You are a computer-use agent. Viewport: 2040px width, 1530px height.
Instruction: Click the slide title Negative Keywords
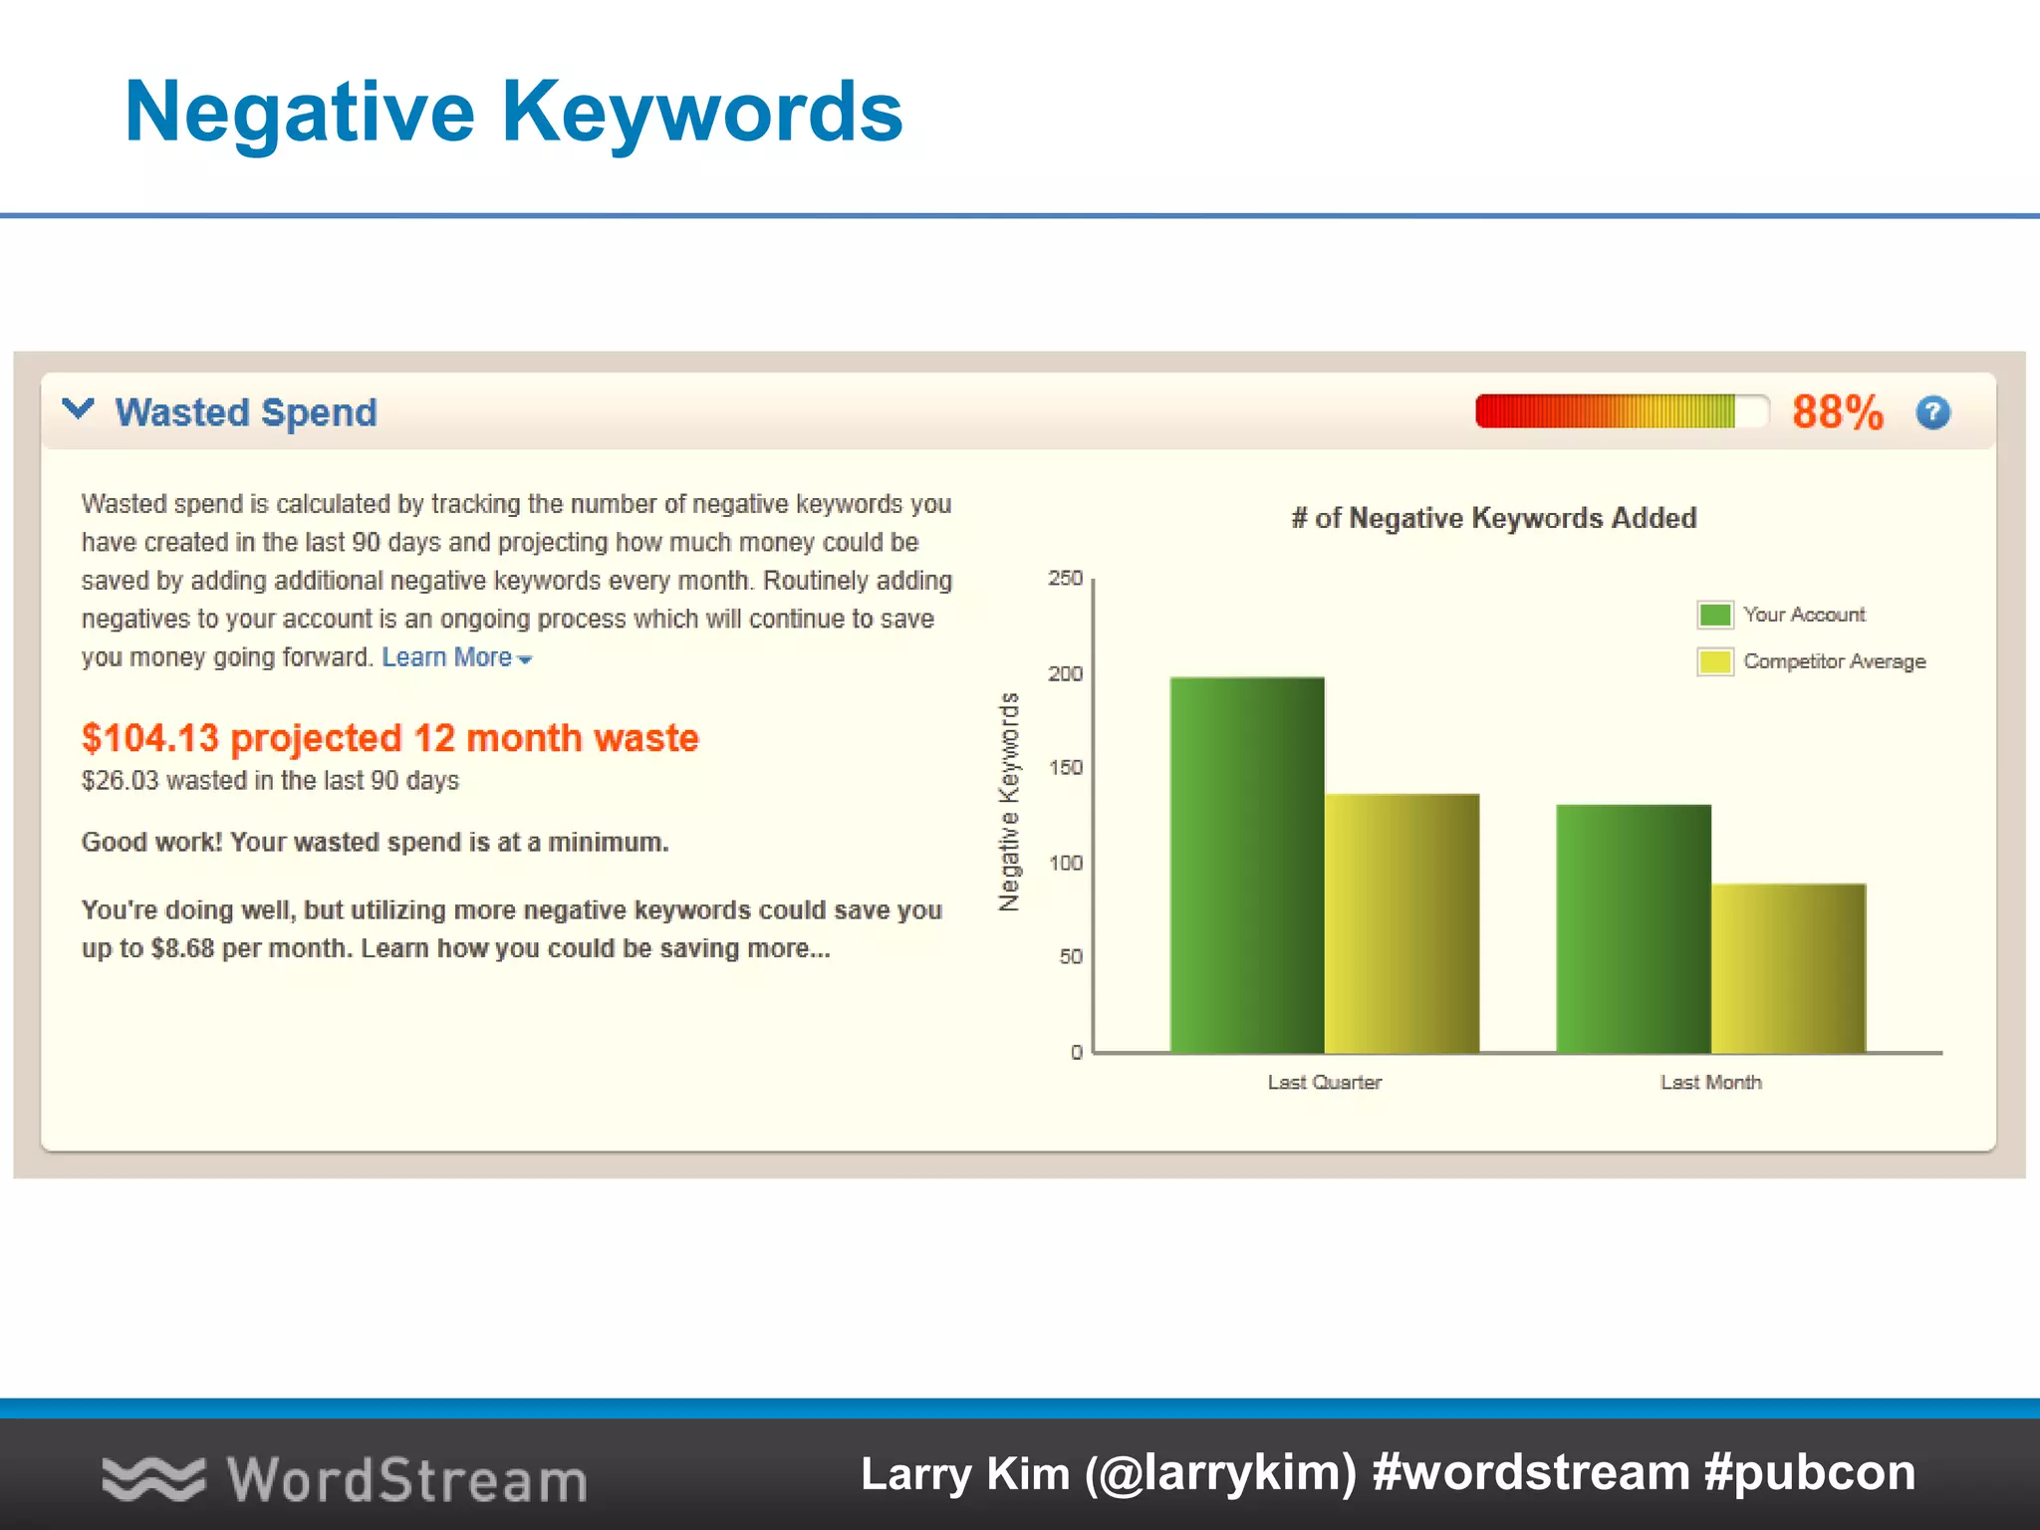pos(513,112)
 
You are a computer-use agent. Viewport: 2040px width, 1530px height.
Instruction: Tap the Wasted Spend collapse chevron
pos(78,409)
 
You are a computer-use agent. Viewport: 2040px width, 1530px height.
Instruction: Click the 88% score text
pos(1837,412)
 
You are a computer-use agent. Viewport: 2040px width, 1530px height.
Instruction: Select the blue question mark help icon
pos(1932,412)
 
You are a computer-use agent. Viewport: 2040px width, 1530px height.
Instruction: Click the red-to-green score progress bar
pos(1621,411)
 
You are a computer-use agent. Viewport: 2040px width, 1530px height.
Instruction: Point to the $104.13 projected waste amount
pos(149,738)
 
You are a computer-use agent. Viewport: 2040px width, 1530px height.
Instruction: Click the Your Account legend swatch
pos(1714,615)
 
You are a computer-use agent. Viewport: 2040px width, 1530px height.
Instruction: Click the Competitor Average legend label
pos(1834,661)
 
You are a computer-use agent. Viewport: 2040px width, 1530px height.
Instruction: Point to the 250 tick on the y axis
pos(1065,578)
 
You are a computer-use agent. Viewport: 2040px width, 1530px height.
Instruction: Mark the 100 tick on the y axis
pos(1065,863)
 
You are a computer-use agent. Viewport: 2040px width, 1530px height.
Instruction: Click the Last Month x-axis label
pos(1710,1082)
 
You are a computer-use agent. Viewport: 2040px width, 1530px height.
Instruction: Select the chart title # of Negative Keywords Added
pos(1493,518)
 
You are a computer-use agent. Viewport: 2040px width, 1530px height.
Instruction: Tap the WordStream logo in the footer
pos(345,1478)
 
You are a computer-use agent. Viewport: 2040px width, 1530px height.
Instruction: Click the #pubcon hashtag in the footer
pos(1809,1472)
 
